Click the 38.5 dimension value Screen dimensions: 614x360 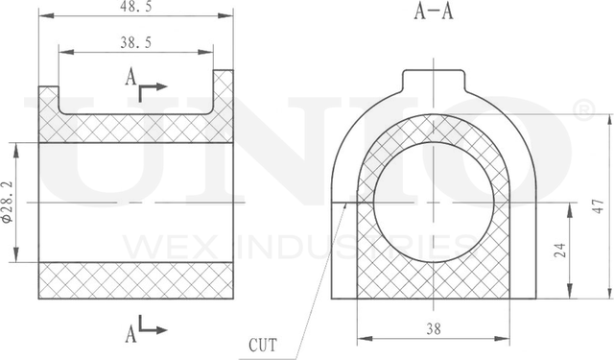tap(135, 42)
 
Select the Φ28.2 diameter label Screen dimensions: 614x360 tap(8, 203)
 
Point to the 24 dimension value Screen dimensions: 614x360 tap(560, 251)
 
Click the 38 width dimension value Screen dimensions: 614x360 tap(434, 329)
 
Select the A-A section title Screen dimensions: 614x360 tap(434, 11)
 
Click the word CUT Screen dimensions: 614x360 tap(263, 346)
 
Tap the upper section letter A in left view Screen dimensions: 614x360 tap(130, 77)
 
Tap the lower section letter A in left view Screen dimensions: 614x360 tap(130, 334)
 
